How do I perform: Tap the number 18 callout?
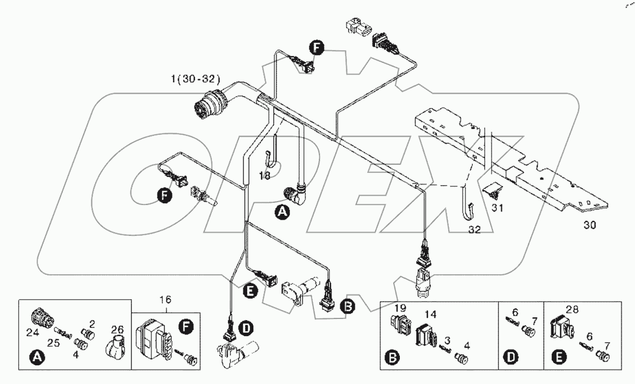(265, 176)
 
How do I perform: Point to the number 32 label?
(474, 230)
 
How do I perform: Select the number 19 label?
(400, 309)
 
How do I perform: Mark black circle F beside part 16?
(187, 328)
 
